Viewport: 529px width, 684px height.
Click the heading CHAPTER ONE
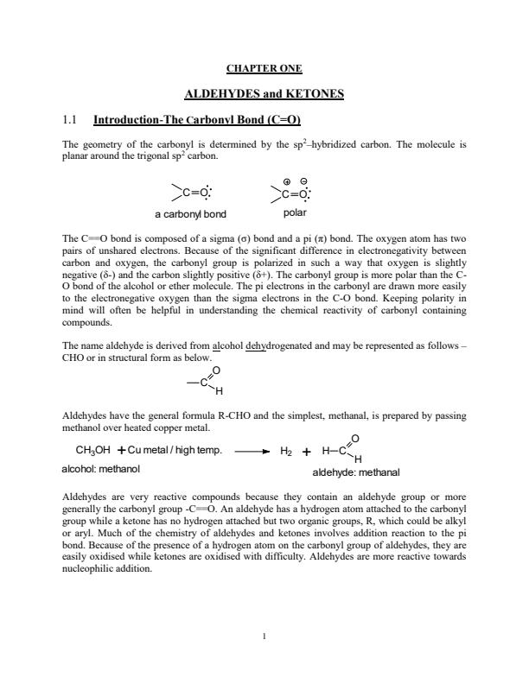264,68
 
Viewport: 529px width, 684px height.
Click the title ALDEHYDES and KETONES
264,92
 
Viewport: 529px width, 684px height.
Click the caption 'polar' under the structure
295,212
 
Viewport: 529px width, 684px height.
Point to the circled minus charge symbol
303,182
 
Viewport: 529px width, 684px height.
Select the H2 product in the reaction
287,451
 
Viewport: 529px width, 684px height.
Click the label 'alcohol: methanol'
100,468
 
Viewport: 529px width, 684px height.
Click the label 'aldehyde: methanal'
356,473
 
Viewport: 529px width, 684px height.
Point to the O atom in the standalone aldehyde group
215,370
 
